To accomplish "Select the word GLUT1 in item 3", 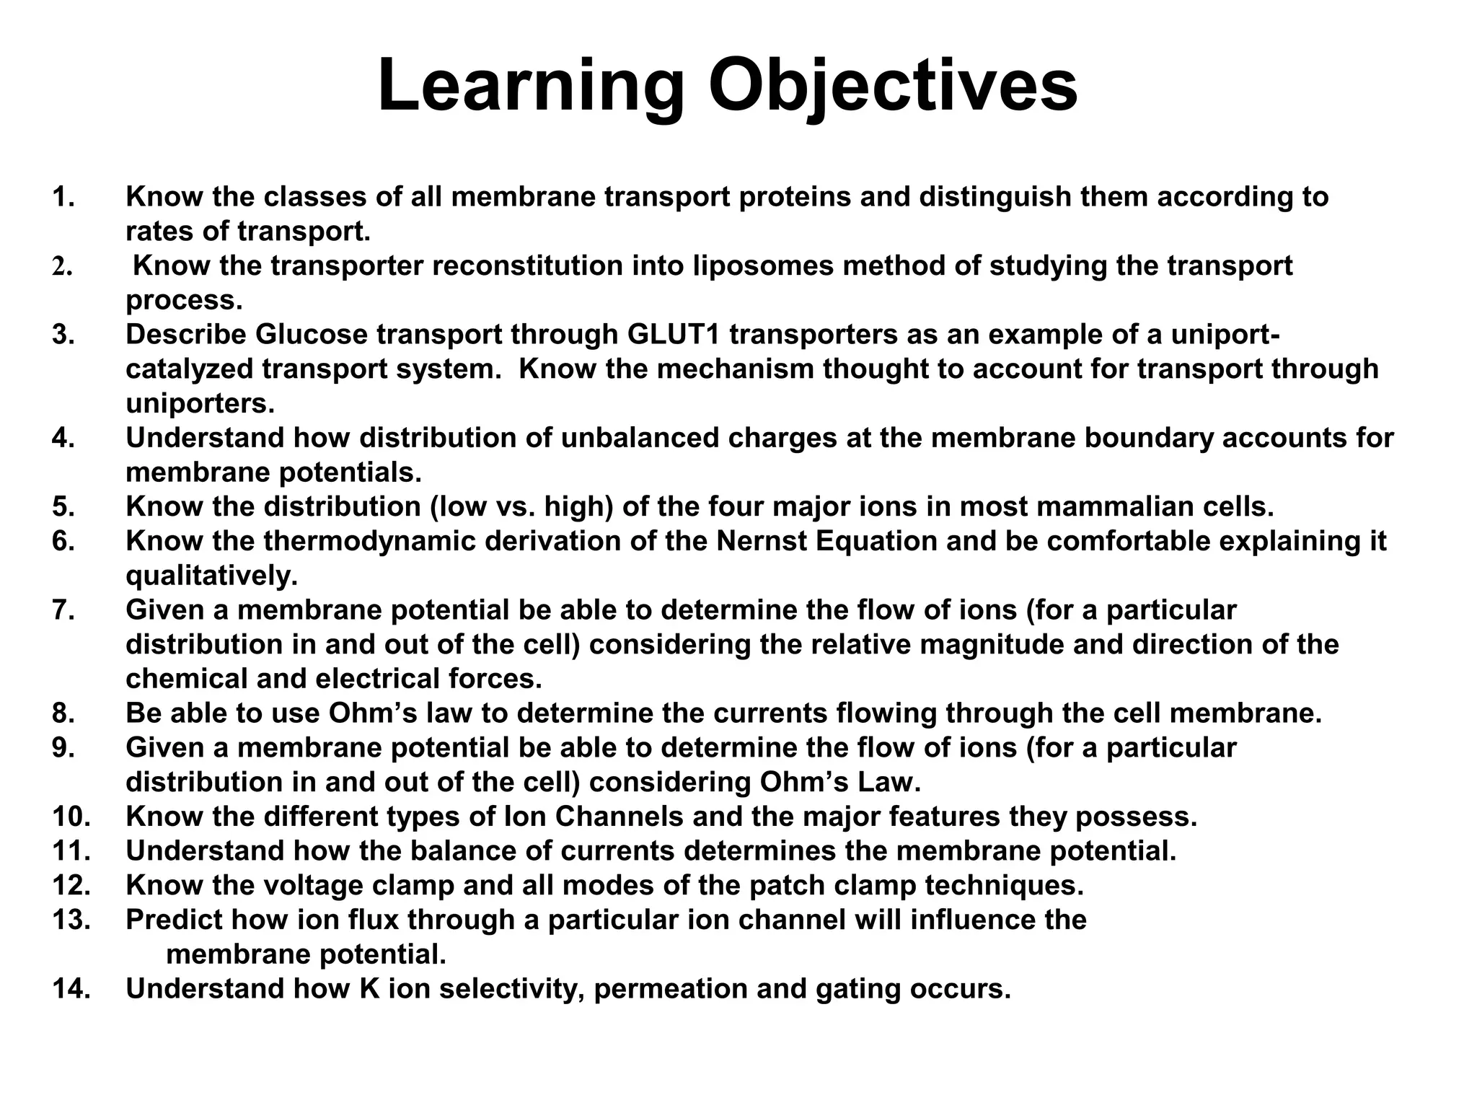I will pos(674,335).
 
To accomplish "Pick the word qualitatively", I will pos(211,576).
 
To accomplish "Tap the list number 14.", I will pos(71,989).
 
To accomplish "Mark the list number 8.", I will pos(63,713).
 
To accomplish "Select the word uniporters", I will pos(200,404).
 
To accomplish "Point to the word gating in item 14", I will pos(857,989).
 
